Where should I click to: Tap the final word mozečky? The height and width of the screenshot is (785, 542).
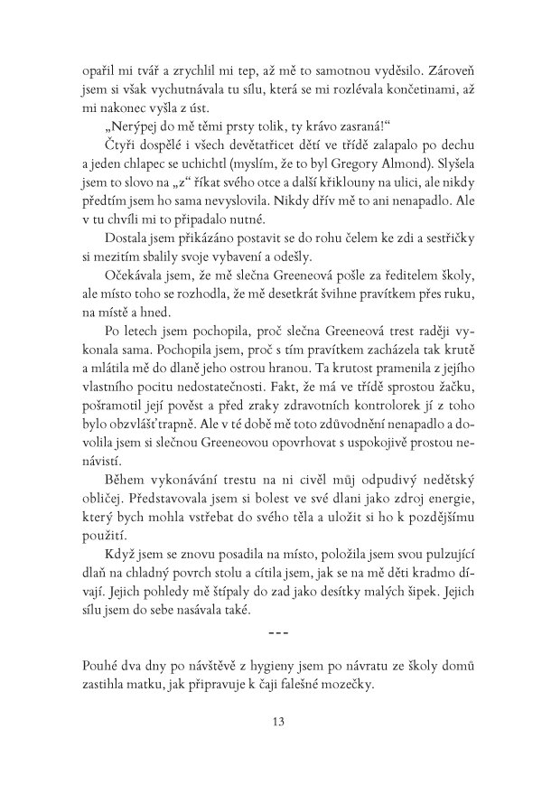375,688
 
